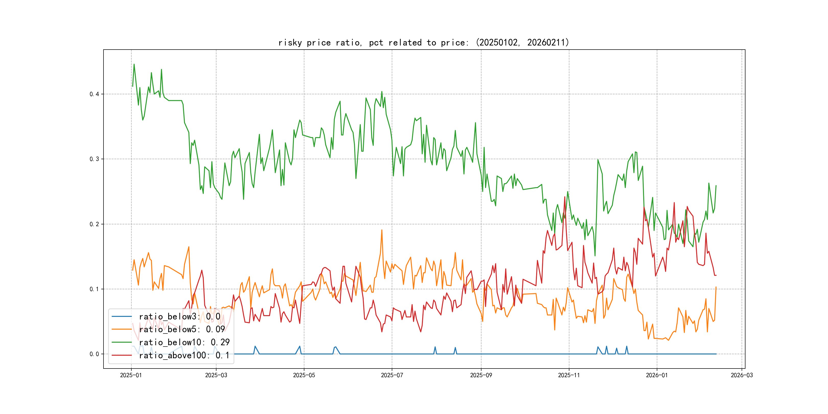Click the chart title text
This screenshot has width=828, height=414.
click(x=424, y=42)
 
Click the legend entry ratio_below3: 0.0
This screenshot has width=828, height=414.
click(x=179, y=317)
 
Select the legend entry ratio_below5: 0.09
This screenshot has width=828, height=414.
click(x=182, y=329)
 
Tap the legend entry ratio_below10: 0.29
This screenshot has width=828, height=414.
click(x=184, y=342)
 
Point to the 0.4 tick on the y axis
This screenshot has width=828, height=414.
click(x=94, y=94)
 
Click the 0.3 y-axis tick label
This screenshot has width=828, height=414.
click(x=94, y=159)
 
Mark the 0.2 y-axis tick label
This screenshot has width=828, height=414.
click(x=94, y=224)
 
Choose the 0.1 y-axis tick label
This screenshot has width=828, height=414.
click(x=94, y=289)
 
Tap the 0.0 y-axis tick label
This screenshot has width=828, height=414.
click(x=94, y=354)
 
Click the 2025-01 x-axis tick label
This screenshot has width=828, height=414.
click(x=131, y=375)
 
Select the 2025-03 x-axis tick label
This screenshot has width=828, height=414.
click(x=216, y=375)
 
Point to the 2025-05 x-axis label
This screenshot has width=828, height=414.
click(x=304, y=375)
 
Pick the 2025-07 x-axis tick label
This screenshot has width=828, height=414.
click(x=392, y=375)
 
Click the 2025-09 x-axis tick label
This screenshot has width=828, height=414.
click(x=481, y=375)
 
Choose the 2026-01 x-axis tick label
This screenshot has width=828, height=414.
click(x=657, y=375)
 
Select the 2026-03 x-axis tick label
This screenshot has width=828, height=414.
click(x=742, y=375)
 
